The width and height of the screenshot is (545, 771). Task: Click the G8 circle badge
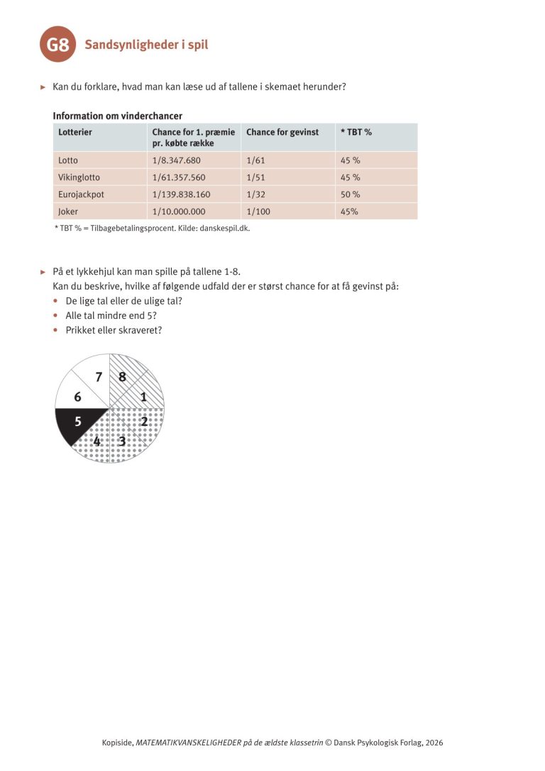coord(58,45)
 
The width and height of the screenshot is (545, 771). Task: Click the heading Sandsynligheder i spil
coord(146,45)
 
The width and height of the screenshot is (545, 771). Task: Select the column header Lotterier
coord(75,132)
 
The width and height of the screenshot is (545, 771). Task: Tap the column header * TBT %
coord(356,132)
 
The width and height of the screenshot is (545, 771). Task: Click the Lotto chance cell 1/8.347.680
coord(177,160)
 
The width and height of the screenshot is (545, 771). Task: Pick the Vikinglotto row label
coord(81,177)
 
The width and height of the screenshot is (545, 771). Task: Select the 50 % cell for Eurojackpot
coord(351,195)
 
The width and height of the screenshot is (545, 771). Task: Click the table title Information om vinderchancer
coord(117,116)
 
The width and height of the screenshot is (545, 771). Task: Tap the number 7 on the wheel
coord(99,377)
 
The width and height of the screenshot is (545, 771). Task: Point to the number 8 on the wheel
coord(122,377)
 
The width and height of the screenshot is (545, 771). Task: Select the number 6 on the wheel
coord(77,398)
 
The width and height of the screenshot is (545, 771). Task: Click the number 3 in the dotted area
coord(122,442)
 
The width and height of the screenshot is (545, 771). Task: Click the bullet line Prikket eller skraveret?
coord(114,330)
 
